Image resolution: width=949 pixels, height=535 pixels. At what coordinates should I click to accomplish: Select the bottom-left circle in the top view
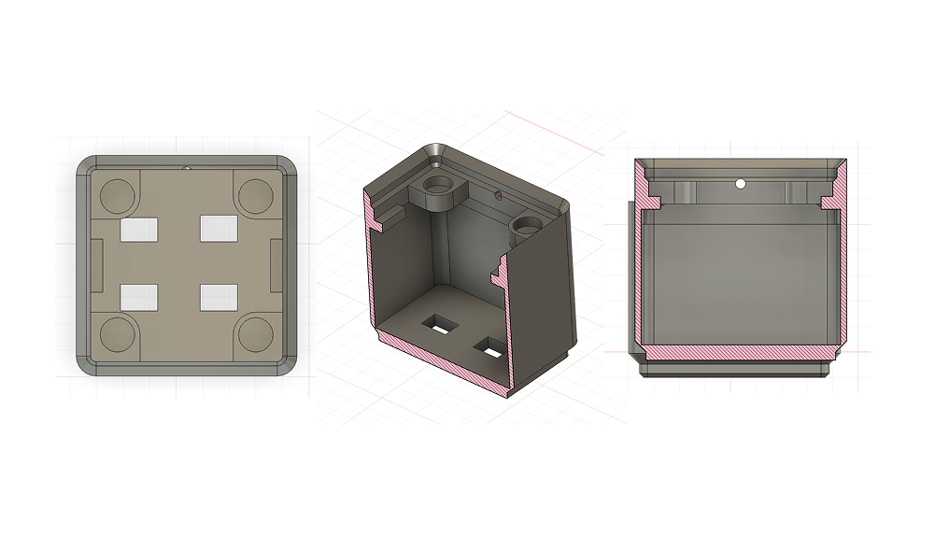[118, 333]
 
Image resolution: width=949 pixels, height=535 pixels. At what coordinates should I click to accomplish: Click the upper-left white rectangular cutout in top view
[141, 228]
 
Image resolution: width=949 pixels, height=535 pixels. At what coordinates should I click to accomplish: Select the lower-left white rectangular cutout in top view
[141, 297]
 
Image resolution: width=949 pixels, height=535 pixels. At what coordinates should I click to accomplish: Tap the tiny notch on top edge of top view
[187, 169]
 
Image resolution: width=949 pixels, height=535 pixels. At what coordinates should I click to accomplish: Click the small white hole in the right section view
[740, 184]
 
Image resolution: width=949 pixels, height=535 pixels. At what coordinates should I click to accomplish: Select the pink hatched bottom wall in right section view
[738, 352]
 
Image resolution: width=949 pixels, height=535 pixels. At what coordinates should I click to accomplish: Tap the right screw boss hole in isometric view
[526, 225]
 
